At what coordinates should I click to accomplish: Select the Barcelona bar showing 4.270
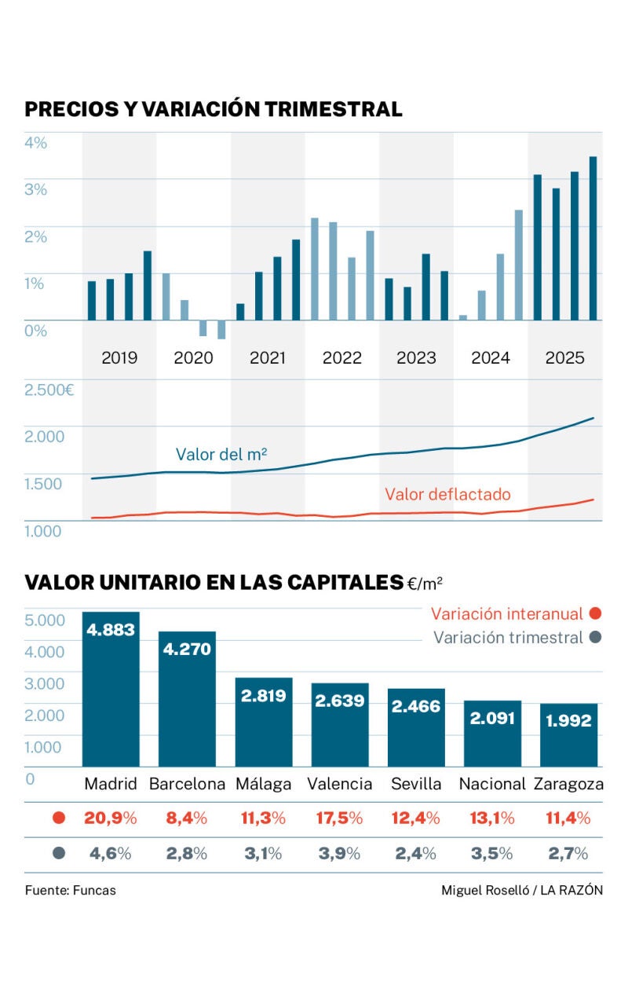click(x=187, y=698)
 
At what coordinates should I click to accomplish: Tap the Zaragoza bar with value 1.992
click(x=569, y=734)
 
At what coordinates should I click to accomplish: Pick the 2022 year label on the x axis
click(x=341, y=358)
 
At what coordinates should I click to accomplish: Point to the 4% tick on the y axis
click(x=35, y=143)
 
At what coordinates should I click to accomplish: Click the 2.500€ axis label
click(x=49, y=390)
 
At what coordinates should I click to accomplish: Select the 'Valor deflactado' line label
click(x=447, y=494)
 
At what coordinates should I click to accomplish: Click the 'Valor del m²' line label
click(x=221, y=454)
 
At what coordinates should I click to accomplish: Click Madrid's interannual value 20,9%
click(x=111, y=818)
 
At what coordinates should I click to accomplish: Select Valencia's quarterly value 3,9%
click(x=340, y=854)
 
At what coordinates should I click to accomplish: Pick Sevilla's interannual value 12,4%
click(x=416, y=818)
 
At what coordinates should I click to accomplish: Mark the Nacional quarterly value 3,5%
click(x=492, y=854)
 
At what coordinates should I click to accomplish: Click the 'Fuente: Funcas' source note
click(x=70, y=890)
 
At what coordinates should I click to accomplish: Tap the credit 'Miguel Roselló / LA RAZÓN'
click(x=522, y=890)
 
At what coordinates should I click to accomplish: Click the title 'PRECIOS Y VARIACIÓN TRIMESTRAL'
click(x=214, y=109)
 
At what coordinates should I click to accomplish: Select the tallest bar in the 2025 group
click(x=593, y=238)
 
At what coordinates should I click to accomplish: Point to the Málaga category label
click(x=263, y=784)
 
